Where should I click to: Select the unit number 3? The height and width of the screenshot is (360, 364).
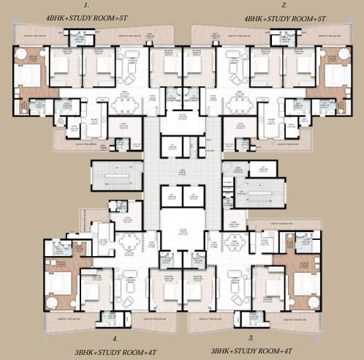click(250, 337)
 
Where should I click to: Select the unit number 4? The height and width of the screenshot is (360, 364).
click(115, 337)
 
